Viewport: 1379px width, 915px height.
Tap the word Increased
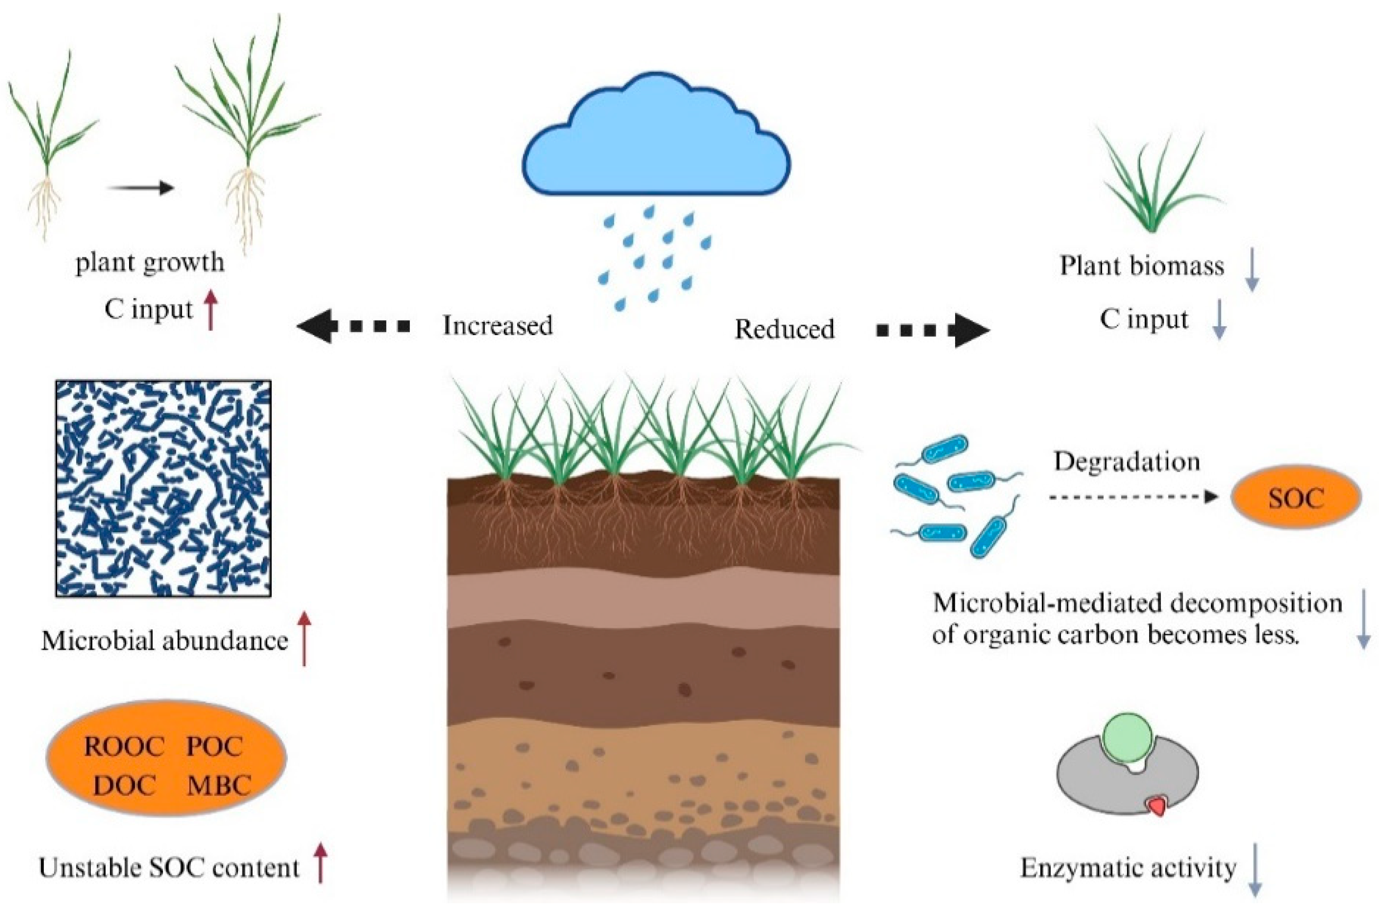coord(497,326)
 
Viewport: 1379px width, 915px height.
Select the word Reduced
coord(784,330)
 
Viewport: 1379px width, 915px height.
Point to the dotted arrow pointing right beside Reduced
coord(933,331)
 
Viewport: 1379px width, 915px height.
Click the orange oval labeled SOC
coord(1296,497)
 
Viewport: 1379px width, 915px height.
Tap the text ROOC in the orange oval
coord(124,747)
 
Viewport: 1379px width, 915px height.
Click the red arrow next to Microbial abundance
coord(304,638)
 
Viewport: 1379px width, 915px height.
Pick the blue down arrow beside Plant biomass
coord(1251,269)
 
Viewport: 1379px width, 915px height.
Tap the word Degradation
coord(1126,462)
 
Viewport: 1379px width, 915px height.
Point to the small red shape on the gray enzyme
coord(1156,807)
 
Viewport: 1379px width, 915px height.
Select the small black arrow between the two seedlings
coord(140,188)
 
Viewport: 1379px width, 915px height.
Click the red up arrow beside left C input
coord(211,310)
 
